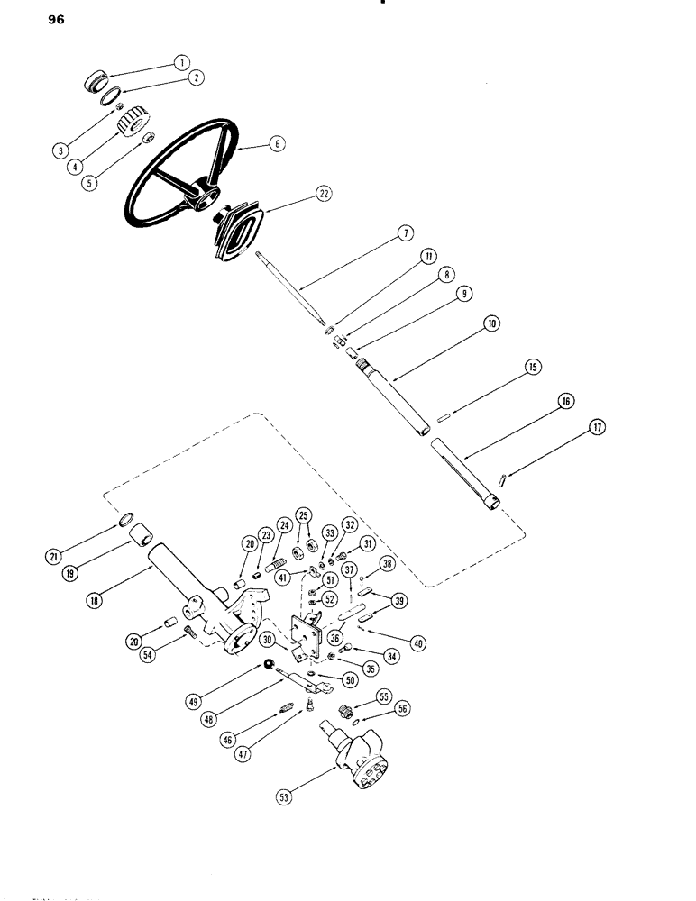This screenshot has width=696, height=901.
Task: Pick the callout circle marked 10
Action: pyautogui.click(x=492, y=323)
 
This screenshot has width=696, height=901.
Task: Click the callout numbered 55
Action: pyautogui.click(x=382, y=697)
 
